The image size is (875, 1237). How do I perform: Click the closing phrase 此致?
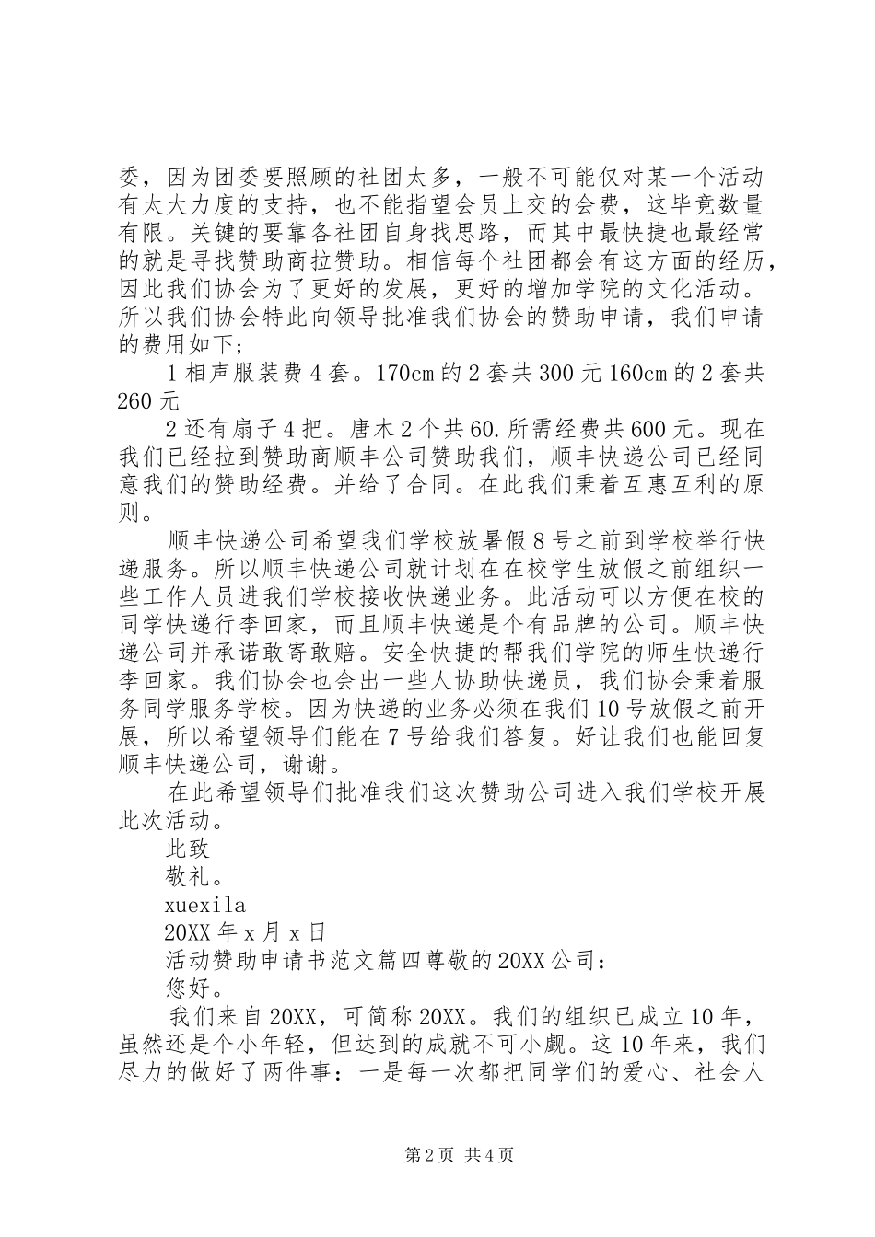click(x=187, y=849)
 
